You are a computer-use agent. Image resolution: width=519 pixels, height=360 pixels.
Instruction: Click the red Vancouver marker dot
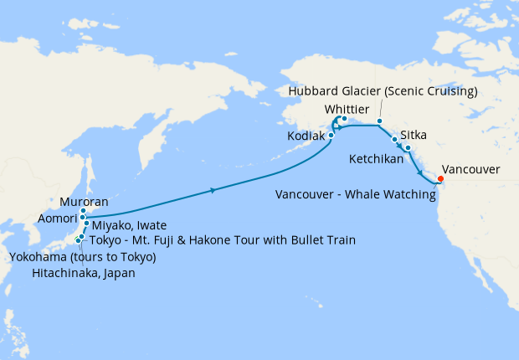point(441,177)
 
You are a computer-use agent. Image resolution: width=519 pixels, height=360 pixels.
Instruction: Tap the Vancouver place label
point(470,169)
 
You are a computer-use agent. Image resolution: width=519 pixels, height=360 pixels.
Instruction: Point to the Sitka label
point(416,134)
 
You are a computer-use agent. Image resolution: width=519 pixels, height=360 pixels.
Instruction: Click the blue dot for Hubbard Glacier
point(379,121)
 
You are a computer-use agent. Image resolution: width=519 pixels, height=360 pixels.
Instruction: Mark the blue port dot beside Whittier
point(344,118)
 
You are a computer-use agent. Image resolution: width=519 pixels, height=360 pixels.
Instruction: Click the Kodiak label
point(305,135)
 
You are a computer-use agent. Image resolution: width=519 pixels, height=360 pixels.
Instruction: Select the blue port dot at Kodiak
point(331,134)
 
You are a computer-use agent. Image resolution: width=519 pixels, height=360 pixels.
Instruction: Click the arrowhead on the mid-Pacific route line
point(214,191)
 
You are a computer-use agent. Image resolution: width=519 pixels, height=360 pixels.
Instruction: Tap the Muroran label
point(84,203)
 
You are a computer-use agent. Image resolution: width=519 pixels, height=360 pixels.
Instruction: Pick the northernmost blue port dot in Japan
point(84,211)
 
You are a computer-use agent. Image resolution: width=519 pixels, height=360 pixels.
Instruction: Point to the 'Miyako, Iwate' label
point(129,225)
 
